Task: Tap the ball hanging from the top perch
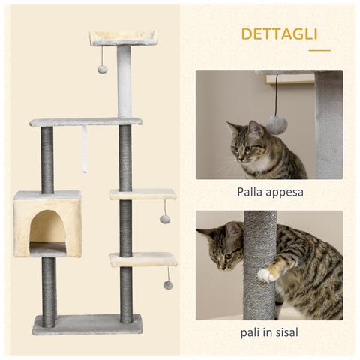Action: coord(102,69)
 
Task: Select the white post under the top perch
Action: coord(124,82)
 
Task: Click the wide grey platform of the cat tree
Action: coord(85,121)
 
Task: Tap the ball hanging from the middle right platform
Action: coord(165,219)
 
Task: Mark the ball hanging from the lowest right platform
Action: coord(168,284)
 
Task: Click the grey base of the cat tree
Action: coord(88,324)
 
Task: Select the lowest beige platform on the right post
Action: coord(142,259)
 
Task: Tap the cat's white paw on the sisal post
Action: coord(265,274)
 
